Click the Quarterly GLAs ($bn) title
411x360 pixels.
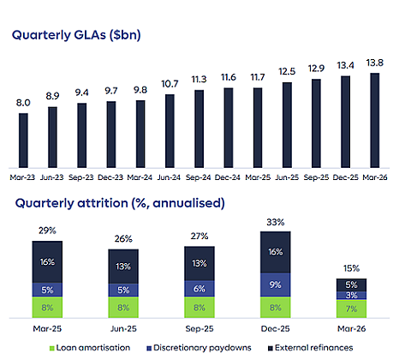(76, 35)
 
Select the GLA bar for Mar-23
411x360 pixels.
(23, 141)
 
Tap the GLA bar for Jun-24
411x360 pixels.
(170, 131)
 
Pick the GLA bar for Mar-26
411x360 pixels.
(375, 120)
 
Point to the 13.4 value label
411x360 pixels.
(345, 66)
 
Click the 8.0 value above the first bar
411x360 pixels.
(23, 103)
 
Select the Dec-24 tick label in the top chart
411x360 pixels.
(228, 177)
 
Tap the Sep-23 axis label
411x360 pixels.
(81, 177)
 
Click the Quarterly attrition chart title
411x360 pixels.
(120, 203)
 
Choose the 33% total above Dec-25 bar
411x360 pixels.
(276, 222)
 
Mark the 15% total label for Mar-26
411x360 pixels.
(351, 268)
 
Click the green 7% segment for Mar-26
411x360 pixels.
(351, 309)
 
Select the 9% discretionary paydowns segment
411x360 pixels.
(276, 285)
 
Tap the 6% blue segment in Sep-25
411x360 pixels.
(200, 289)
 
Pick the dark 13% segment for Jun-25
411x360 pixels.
(123, 267)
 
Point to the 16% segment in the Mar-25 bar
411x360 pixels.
(47, 262)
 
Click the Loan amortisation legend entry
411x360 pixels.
(90, 348)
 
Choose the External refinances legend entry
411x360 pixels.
(311, 348)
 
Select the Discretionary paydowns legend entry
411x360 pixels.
(199, 348)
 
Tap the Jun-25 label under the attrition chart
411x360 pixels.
(123, 329)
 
